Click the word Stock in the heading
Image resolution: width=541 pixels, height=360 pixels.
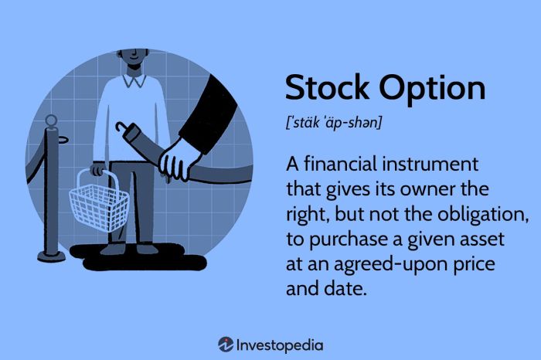coord(322,90)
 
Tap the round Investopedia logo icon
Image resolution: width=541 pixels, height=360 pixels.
coord(226,345)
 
